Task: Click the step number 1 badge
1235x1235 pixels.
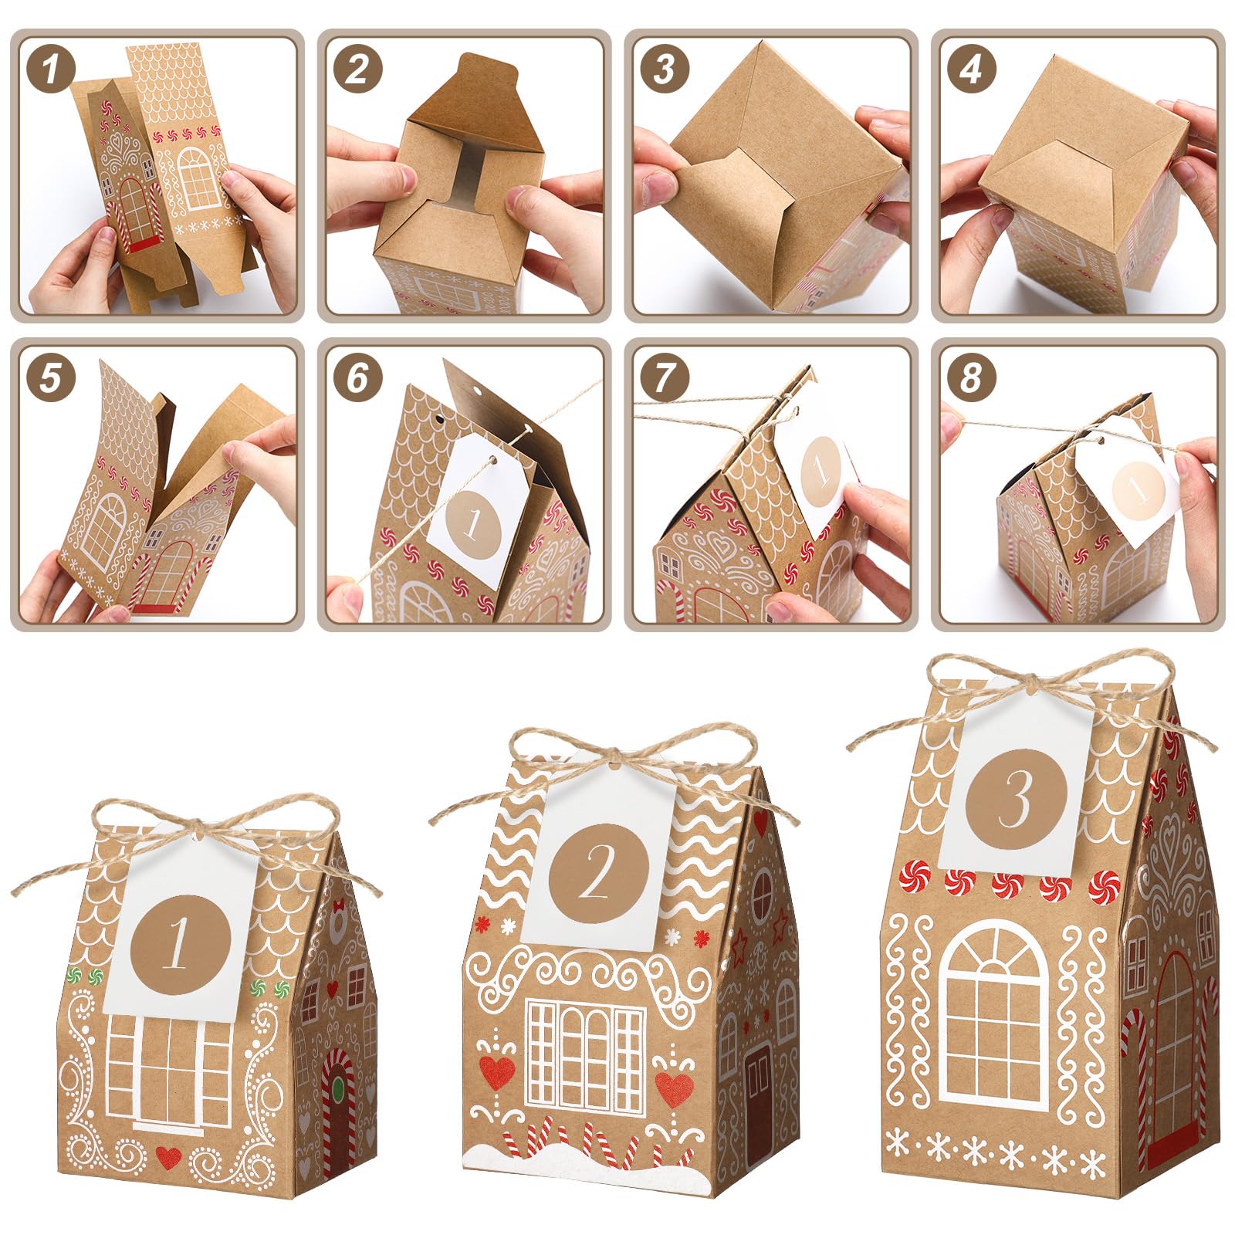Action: coord(51,69)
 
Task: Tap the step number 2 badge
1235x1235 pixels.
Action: coord(357,69)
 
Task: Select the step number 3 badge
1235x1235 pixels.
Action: coord(665,69)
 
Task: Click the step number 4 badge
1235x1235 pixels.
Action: coord(971,69)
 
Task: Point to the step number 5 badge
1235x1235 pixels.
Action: coord(51,378)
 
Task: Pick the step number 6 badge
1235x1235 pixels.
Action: coord(357,378)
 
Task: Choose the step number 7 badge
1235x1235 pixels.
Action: coord(665,378)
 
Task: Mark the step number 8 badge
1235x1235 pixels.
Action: coord(971,378)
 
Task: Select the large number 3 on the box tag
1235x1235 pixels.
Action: coord(1016,800)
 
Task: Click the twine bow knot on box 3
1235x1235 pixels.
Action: coord(1027,682)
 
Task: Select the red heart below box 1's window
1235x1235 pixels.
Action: coord(168,1156)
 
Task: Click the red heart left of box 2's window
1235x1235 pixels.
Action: coord(497,1072)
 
